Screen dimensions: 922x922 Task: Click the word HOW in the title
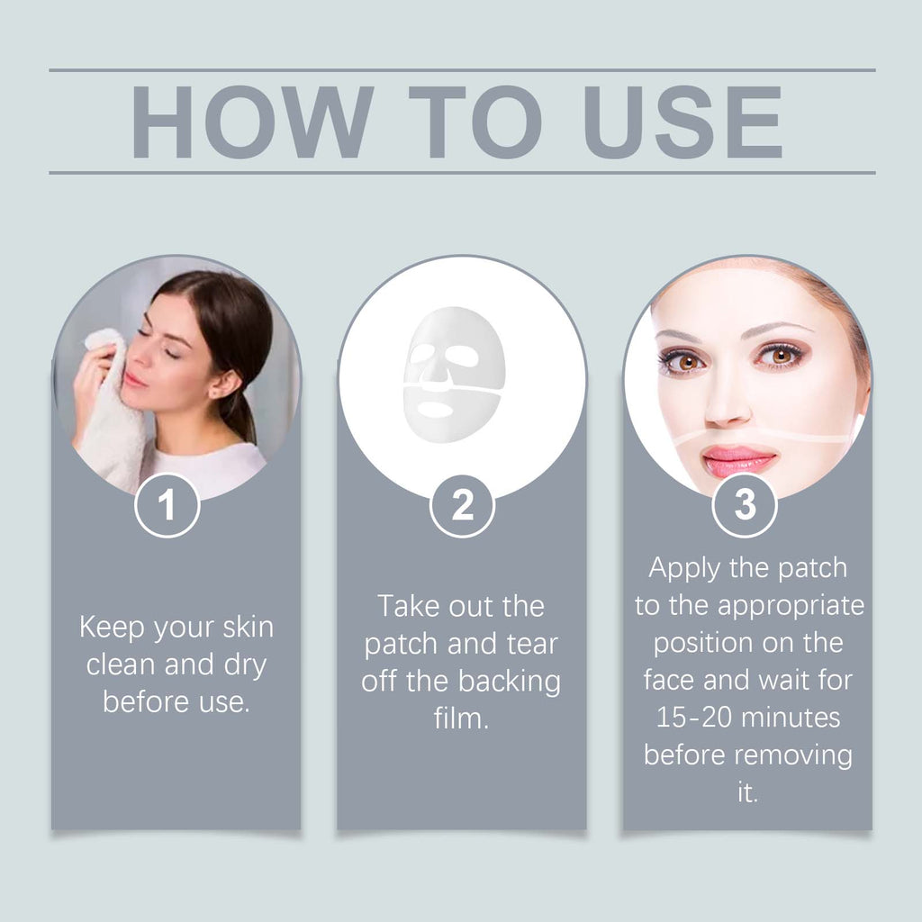pos(252,122)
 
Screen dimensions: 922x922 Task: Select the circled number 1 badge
pos(167,505)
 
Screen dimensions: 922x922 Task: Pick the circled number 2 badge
pos(462,505)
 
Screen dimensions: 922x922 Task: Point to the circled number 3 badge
pos(745,505)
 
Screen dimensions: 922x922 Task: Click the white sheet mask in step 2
pos(454,375)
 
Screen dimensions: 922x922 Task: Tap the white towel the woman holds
pos(112,411)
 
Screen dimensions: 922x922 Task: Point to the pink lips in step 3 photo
pos(737,460)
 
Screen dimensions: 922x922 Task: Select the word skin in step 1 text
pos(249,627)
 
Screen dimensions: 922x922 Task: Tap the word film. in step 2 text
pos(462,718)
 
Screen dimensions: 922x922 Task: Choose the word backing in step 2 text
pos(510,682)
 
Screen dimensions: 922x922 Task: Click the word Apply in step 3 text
pos(684,569)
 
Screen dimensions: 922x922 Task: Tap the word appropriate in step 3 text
pos(791,607)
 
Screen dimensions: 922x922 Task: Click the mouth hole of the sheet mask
pos(435,409)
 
